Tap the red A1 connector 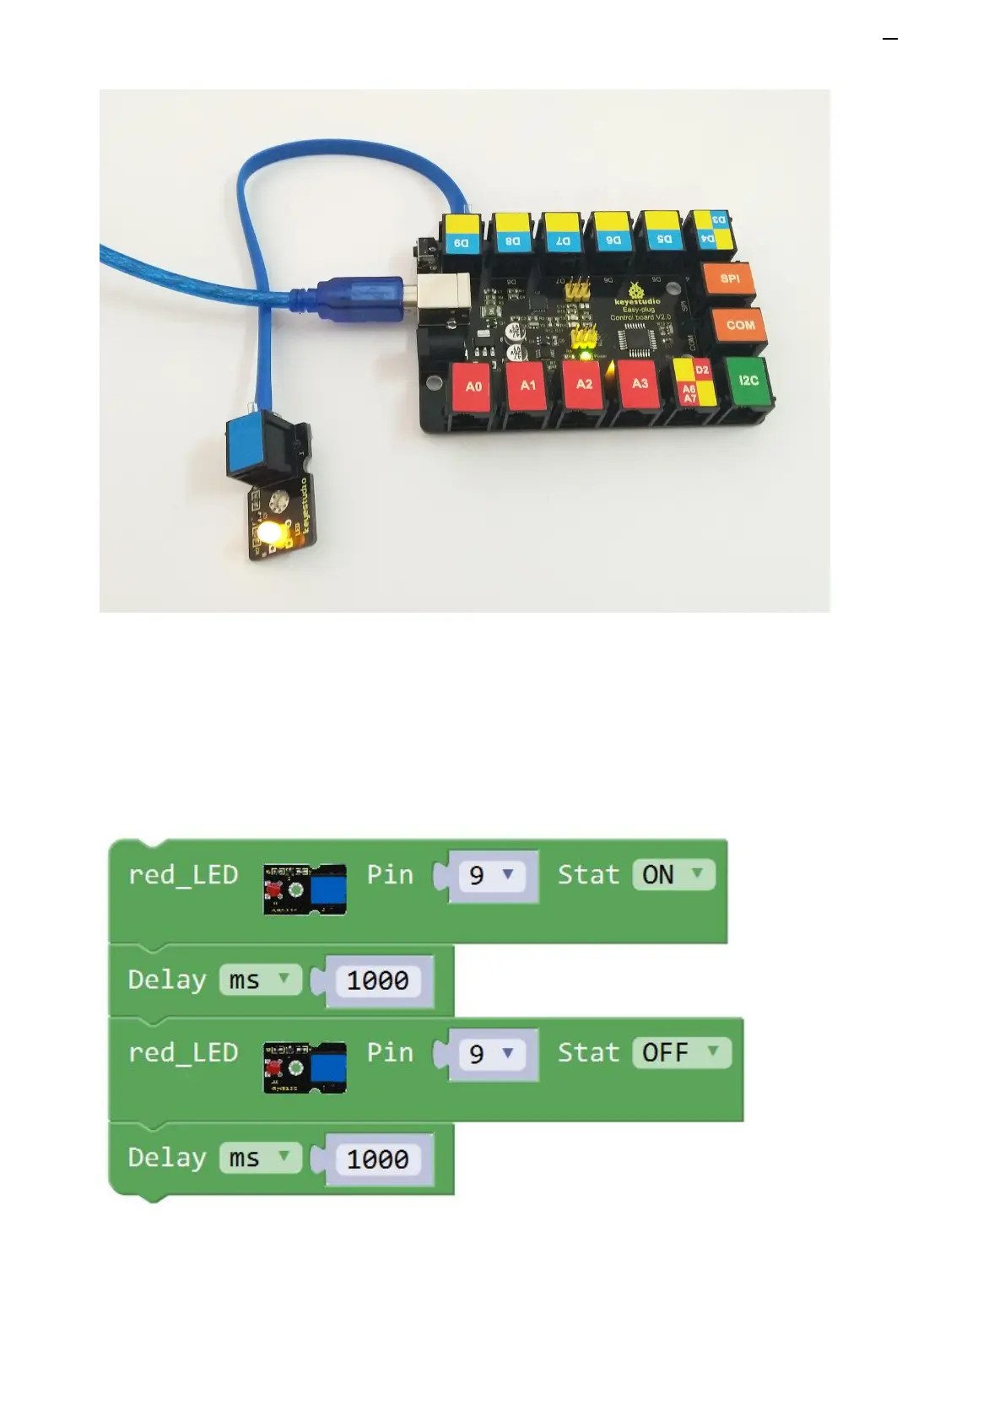click(x=528, y=386)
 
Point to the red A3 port click(x=640, y=383)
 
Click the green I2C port click(x=748, y=381)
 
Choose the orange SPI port click(x=730, y=278)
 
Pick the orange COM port click(x=740, y=325)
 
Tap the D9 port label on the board click(x=462, y=242)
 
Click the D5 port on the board click(x=664, y=239)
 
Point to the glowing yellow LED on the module click(x=271, y=532)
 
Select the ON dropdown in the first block click(x=673, y=875)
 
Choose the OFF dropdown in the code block click(x=681, y=1053)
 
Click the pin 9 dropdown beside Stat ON click(x=491, y=876)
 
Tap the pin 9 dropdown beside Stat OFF click(x=491, y=1054)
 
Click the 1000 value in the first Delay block click(x=377, y=981)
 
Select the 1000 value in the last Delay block click(x=377, y=1159)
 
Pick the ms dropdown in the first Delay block click(x=259, y=980)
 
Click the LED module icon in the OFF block click(x=305, y=1067)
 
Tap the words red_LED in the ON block click(x=183, y=875)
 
